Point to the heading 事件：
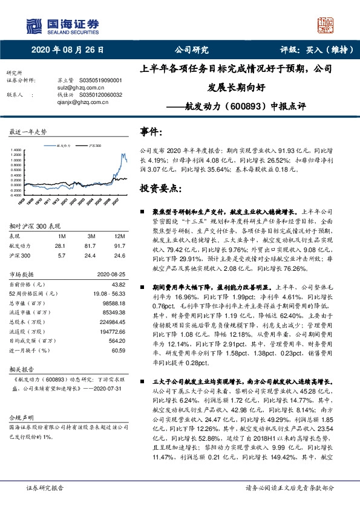click(x=152, y=131)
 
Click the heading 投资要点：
click(x=161, y=189)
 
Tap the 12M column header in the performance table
click(x=120, y=235)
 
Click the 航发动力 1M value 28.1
click(x=60, y=245)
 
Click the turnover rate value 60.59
click(x=119, y=350)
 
